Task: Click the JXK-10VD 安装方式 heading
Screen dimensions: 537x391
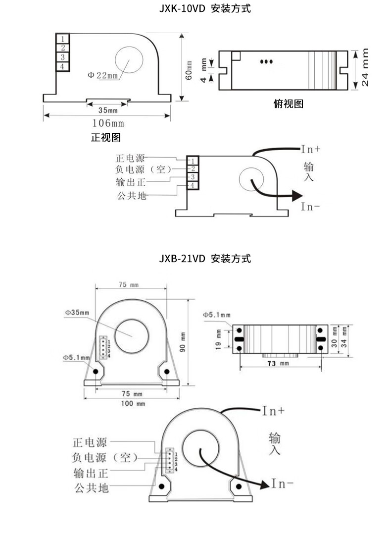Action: tap(205, 8)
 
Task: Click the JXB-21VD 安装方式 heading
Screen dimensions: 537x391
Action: tap(205, 259)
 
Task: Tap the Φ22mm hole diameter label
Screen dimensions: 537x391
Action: tap(103, 75)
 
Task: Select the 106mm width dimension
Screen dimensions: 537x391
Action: tap(108, 123)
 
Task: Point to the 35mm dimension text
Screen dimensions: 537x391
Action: tap(108, 110)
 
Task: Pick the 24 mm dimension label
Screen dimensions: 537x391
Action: tap(365, 67)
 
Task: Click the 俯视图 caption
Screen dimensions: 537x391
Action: tap(288, 104)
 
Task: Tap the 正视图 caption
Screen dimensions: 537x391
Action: tap(106, 137)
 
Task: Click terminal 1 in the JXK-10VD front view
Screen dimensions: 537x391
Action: tap(62, 38)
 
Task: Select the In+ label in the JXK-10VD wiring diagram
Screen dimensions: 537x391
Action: tap(311, 149)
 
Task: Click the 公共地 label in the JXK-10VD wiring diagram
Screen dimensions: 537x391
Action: tap(132, 196)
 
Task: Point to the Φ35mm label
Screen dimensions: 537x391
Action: tap(77, 313)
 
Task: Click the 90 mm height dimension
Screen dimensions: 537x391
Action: tap(182, 342)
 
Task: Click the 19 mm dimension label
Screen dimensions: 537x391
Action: tap(218, 339)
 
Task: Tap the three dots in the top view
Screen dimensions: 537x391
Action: tap(267, 62)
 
